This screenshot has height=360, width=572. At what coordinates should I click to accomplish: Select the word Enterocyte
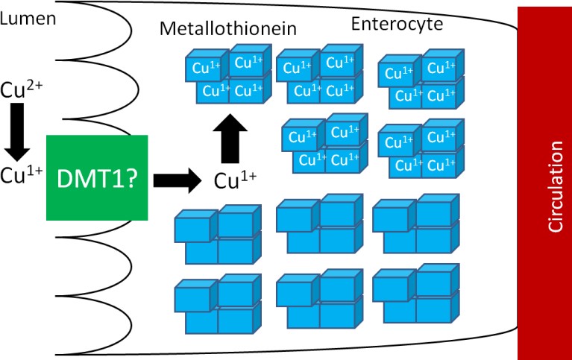(397, 25)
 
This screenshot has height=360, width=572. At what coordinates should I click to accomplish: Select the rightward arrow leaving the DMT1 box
(178, 179)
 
